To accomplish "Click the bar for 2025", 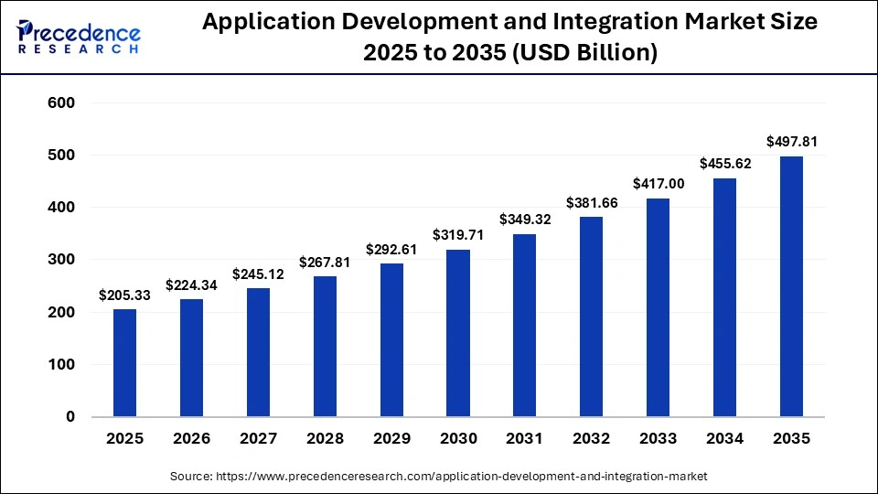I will point(124,362).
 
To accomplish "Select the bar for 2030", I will point(458,333).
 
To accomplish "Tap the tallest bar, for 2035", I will point(791,286).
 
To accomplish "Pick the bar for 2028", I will point(325,346).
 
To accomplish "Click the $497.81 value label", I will point(791,142).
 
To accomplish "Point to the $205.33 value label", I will point(124,295).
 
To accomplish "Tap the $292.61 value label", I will point(391,249).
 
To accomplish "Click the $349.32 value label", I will point(525,220).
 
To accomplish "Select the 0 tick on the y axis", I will point(70,417).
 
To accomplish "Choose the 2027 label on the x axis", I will point(258,439).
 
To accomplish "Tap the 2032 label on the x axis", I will point(592,439).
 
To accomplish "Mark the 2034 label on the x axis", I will point(725,439).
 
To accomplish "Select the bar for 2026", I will point(191,358).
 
